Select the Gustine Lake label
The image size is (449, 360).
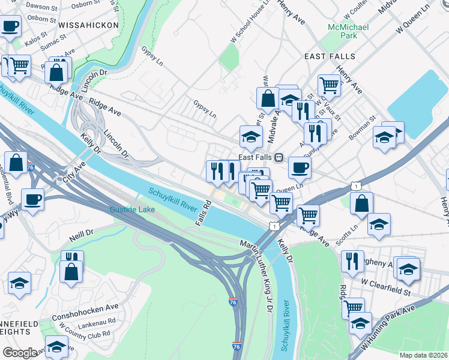tap(133, 209)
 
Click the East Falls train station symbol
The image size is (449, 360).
tap(279, 158)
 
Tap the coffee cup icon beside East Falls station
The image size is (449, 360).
tap(300, 167)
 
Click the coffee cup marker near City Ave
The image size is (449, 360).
tap(32, 199)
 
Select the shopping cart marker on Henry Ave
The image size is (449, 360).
tap(329, 85)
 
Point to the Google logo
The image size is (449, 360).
tap(20, 353)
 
